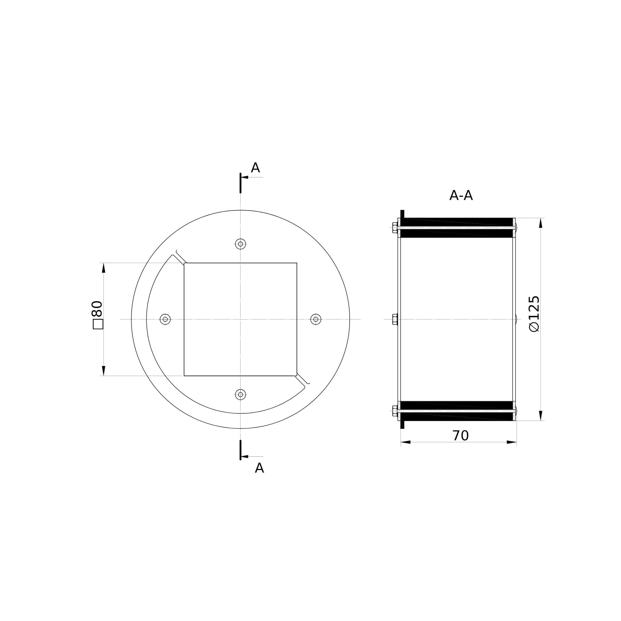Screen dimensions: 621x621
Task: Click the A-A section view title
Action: tap(460, 195)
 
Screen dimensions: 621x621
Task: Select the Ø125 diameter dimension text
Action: tap(534, 314)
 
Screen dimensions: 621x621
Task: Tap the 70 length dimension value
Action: tap(460, 436)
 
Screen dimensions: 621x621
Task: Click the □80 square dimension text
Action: tap(97, 315)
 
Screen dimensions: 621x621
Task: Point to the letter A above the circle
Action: tap(255, 168)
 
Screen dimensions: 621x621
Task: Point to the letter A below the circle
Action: tap(259, 468)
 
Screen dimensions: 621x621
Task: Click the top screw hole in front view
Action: tap(240, 244)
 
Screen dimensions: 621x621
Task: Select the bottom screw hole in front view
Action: tap(240, 394)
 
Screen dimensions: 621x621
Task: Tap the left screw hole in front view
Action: tap(165, 319)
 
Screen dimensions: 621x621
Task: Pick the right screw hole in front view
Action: tap(316, 319)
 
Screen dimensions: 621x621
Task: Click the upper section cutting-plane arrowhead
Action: tap(244, 177)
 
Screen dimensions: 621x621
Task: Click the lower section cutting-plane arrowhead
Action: tap(244, 456)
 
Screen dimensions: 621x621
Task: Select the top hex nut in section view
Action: tap(395, 228)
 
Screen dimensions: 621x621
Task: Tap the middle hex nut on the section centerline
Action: tap(395, 319)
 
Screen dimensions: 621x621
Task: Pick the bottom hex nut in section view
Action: tap(395, 411)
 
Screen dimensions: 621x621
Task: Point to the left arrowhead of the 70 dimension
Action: tap(406, 442)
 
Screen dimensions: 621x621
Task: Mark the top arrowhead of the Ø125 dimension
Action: tap(541, 223)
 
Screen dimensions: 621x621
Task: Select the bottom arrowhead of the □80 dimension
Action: tap(103, 370)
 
